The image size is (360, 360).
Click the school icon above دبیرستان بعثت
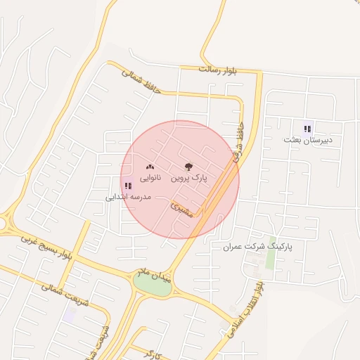[307, 129]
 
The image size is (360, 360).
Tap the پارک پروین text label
[189, 179]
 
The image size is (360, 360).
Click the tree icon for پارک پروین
[188, 167]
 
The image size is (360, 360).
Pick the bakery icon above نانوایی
[149, 168]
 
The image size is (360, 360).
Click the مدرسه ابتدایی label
[128, 198]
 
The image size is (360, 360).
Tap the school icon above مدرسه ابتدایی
[127, 186]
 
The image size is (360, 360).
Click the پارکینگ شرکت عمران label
[257, 247]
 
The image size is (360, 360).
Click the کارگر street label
[155, 351]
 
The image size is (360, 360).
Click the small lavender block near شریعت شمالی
[70, 314]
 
